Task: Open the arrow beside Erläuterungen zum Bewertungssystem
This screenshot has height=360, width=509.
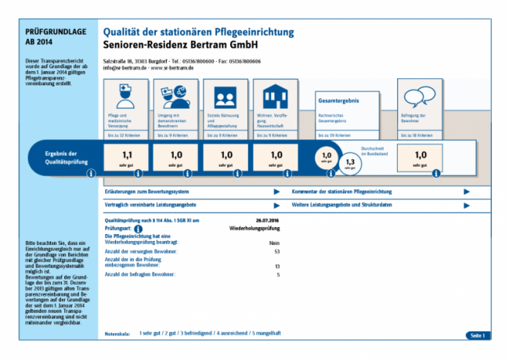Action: coord(276,191)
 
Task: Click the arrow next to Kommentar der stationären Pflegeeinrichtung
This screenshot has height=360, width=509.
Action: coord(467,191)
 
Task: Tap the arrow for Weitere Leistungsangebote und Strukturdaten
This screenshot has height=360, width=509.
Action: coord(467,203)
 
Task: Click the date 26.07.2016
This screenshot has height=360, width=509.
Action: coord(268,221)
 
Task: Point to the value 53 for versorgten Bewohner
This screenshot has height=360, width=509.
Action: coord(277,252)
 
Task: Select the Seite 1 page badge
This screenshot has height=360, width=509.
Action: coord(477,335)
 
